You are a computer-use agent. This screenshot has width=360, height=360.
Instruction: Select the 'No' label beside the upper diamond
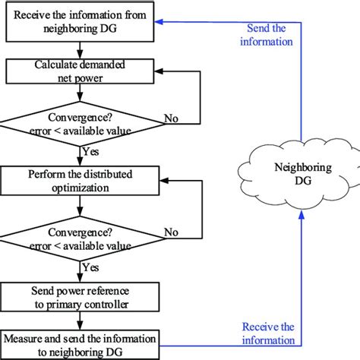172,118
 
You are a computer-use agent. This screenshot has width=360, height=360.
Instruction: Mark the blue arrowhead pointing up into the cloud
301,215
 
